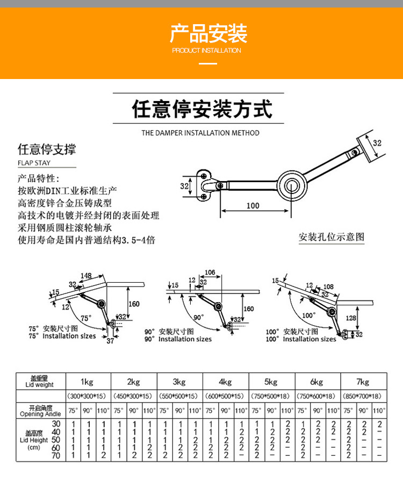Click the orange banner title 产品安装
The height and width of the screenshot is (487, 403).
pyautogui.click(x=208, y=33)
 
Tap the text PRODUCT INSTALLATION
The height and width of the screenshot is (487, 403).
pyautogui.click(x=206, y=51)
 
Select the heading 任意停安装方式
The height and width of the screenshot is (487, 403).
pyautogui.click(x=202, y=109)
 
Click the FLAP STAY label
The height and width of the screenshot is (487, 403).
pyautogui.click(x=34, y=163)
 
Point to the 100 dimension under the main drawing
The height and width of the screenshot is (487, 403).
pyautogui.click(x=253, y=206)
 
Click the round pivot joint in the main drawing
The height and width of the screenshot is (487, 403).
pyautogui.click(x=292, y=186)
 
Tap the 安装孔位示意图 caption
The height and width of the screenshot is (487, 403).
pyautogui.click(x=332, y=237)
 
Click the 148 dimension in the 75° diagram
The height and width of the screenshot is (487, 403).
pyautogui.click(x=86, y=276)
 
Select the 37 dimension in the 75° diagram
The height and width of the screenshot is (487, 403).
pyautogui.click(x=110, y=341)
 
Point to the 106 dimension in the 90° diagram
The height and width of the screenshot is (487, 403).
pyautogui.click(x=210, y=273)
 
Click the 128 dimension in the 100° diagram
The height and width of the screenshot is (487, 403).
pyautogui.click(x=351, y=318)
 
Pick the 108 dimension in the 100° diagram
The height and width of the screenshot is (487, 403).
pyautogui.click(x=328, y=287)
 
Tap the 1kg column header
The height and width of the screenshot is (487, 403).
pyautogui.click(x=87, y=382)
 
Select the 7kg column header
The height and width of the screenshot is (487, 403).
pyautogui.click(x=363, y=382)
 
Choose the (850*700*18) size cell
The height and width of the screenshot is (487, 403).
pyautogui.click(x=362, y=396)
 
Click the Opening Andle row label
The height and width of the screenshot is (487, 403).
pyautogui.click(x=40, y=414)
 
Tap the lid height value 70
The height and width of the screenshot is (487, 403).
pyautogui.click(x=56, y=456)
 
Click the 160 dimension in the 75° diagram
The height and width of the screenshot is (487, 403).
pyautogui.click(x=134, y=304)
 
